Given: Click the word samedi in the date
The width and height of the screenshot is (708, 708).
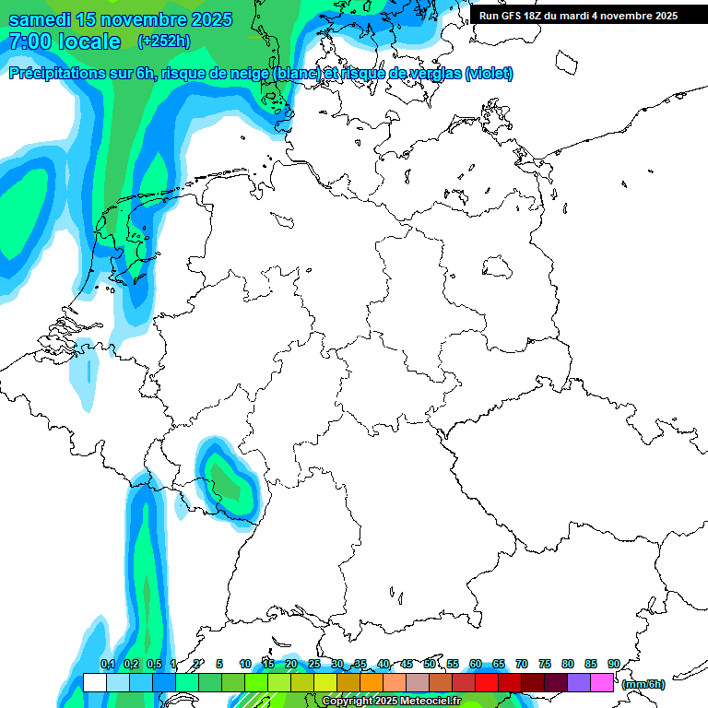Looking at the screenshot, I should pyautogui.click(x=42, y=19).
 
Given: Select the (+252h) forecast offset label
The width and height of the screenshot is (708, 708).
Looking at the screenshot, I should pyautogui.click(x=164, y=41).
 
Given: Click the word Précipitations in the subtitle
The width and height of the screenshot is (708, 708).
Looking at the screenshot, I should pyautogui.click(x=56, y=74).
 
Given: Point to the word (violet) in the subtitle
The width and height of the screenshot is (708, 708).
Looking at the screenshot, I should pyautogui.click(x=489, y=74).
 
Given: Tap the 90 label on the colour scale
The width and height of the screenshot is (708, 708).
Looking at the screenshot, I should pyautogui.click(x=613, y=664).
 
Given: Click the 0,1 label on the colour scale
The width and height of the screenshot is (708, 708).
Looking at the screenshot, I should pyautogui.click(x=107, y=664).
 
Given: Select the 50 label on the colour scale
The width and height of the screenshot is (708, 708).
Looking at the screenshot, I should pyautogui.click(x=430, y=664).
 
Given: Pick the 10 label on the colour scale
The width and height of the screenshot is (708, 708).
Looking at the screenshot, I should pyautogui.click(x=245, y=664).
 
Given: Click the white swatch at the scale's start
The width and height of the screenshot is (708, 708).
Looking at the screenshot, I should pyautogui.click(x=94, y=682).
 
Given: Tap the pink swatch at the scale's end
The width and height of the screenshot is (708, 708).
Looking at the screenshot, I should pyautogui.click(x=602, y=682).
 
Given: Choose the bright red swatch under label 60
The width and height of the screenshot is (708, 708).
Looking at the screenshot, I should pyautogui.click(x=487, y=682).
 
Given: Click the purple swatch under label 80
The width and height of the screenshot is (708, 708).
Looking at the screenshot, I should pyautogui.click(x=579, y=682).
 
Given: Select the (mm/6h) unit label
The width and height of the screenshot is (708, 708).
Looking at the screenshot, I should pyautogui.click(x=643, y=684).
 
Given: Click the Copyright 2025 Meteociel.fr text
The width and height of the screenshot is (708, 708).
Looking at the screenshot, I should pyautogui.click(x=391, y=702).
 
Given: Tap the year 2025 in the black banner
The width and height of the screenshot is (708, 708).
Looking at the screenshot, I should pyautogui.click(x=661, y=16).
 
